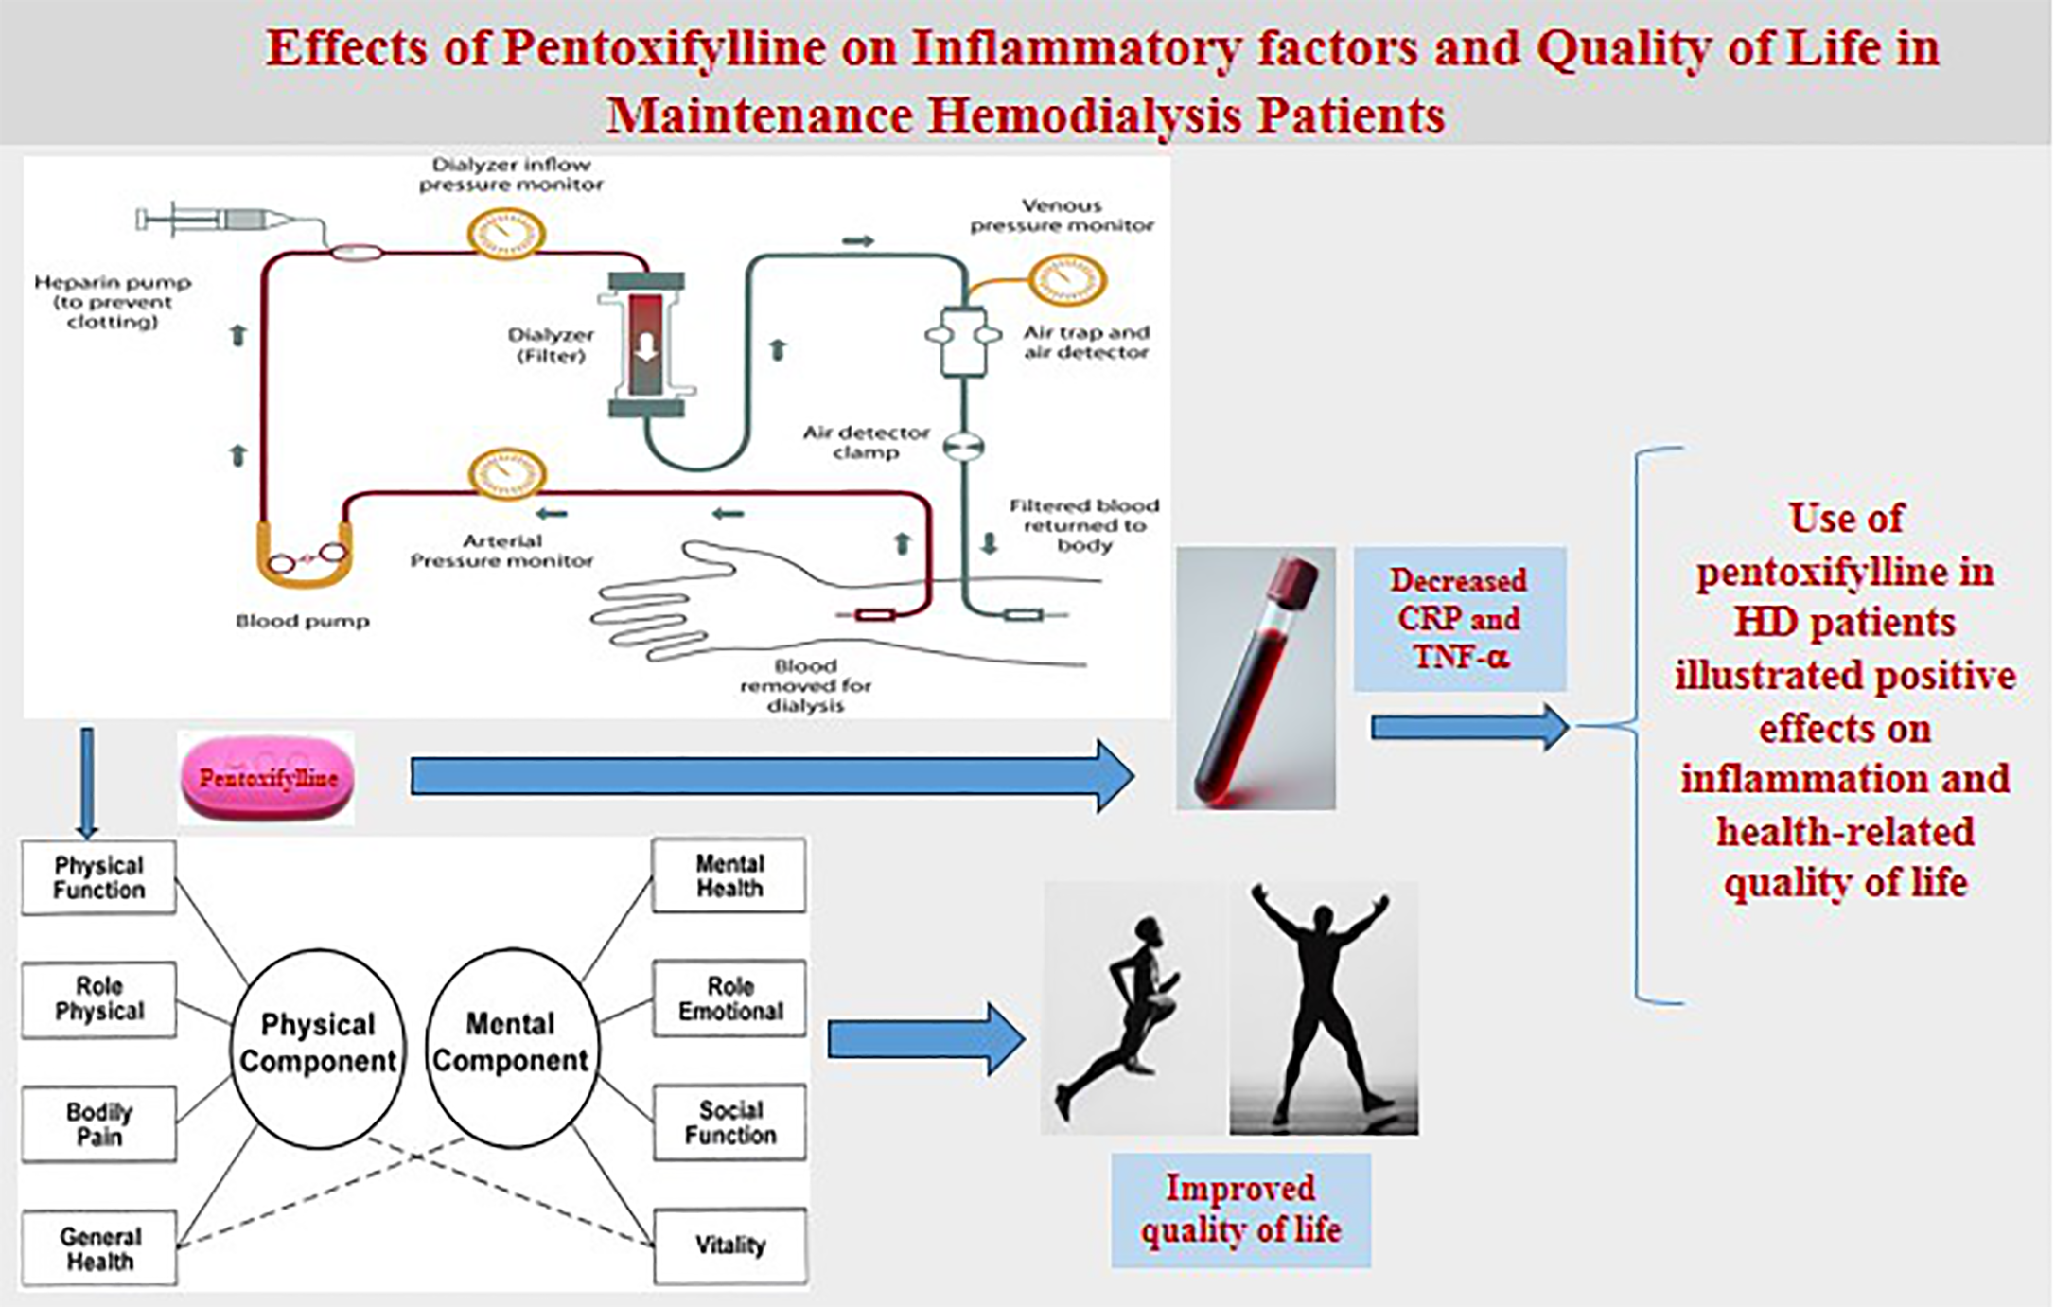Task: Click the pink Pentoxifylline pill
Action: click(267, 778)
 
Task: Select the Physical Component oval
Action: click(318, 1047)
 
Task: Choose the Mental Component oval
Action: click(511, 1047)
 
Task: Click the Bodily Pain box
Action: click(99, 1123)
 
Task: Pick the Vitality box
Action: click(729, 1245)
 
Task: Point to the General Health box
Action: click(99, 1248)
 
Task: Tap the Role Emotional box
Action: click(729, 998)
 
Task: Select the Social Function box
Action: click(729, 1122)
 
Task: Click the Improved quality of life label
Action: click(1240, 1210)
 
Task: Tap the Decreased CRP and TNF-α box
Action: click(1459, 618)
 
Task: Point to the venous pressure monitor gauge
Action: click(1067, 279)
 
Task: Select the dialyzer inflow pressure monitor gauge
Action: click(506, 233)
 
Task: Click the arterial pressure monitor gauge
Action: click(506, 473)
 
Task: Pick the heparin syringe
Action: click(218, 220)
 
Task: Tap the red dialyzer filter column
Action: click(646, 344)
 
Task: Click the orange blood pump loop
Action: click(305, 564)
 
